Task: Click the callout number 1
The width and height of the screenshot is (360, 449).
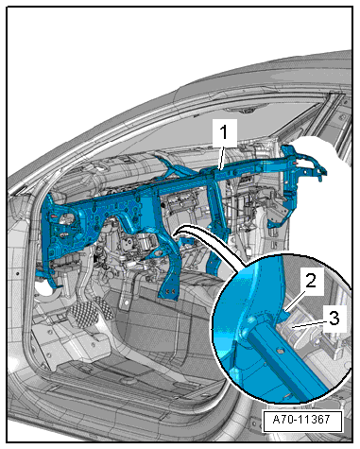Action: tap(223, 132)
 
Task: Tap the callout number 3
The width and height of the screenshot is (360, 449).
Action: tap(334, 318)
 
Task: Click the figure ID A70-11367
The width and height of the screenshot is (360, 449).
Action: tap(301, 420)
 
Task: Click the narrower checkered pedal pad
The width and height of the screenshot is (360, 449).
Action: tap(104, 308)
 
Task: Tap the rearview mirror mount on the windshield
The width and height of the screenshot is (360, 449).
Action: tap(244, 111)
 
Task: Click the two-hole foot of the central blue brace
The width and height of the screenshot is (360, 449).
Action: tap(168, 291)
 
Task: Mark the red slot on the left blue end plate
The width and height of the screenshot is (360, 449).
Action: tap(54, 216)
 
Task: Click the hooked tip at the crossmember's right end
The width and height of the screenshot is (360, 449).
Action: tap(322, 173)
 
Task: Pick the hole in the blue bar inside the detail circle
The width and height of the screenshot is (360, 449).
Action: tap(278, 349)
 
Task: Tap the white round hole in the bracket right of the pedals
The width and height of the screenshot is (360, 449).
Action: tap(127, 302)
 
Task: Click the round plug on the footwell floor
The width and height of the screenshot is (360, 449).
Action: tap(129, 381)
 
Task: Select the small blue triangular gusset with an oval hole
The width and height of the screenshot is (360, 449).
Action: tap(159, 254)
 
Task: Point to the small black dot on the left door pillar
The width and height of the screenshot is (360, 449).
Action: tap(18, 273)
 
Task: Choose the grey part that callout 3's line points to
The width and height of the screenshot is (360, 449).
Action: tap(296, 329)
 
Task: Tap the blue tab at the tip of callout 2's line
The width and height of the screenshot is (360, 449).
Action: tap(285, 315)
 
